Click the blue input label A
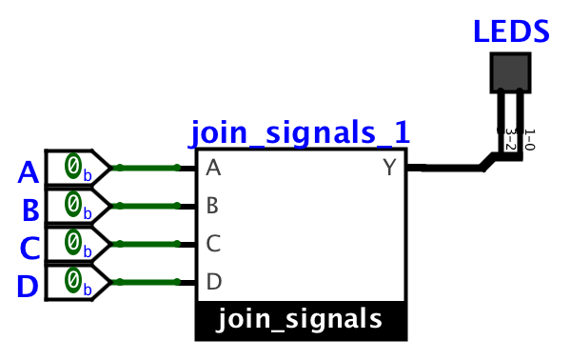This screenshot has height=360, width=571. (30, 172)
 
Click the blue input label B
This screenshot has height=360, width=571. (30, 210)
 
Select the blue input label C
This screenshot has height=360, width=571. (30, 248)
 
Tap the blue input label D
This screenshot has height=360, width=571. (30, 285)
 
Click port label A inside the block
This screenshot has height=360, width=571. (213, 169)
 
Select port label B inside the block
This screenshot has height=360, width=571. (213, 206)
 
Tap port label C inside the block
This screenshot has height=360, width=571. (213, 244)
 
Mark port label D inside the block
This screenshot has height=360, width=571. (213, 282)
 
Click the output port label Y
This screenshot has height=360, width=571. (389, 169)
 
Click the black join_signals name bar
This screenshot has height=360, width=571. (300, 319)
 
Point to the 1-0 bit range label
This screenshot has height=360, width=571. (529, 140)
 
